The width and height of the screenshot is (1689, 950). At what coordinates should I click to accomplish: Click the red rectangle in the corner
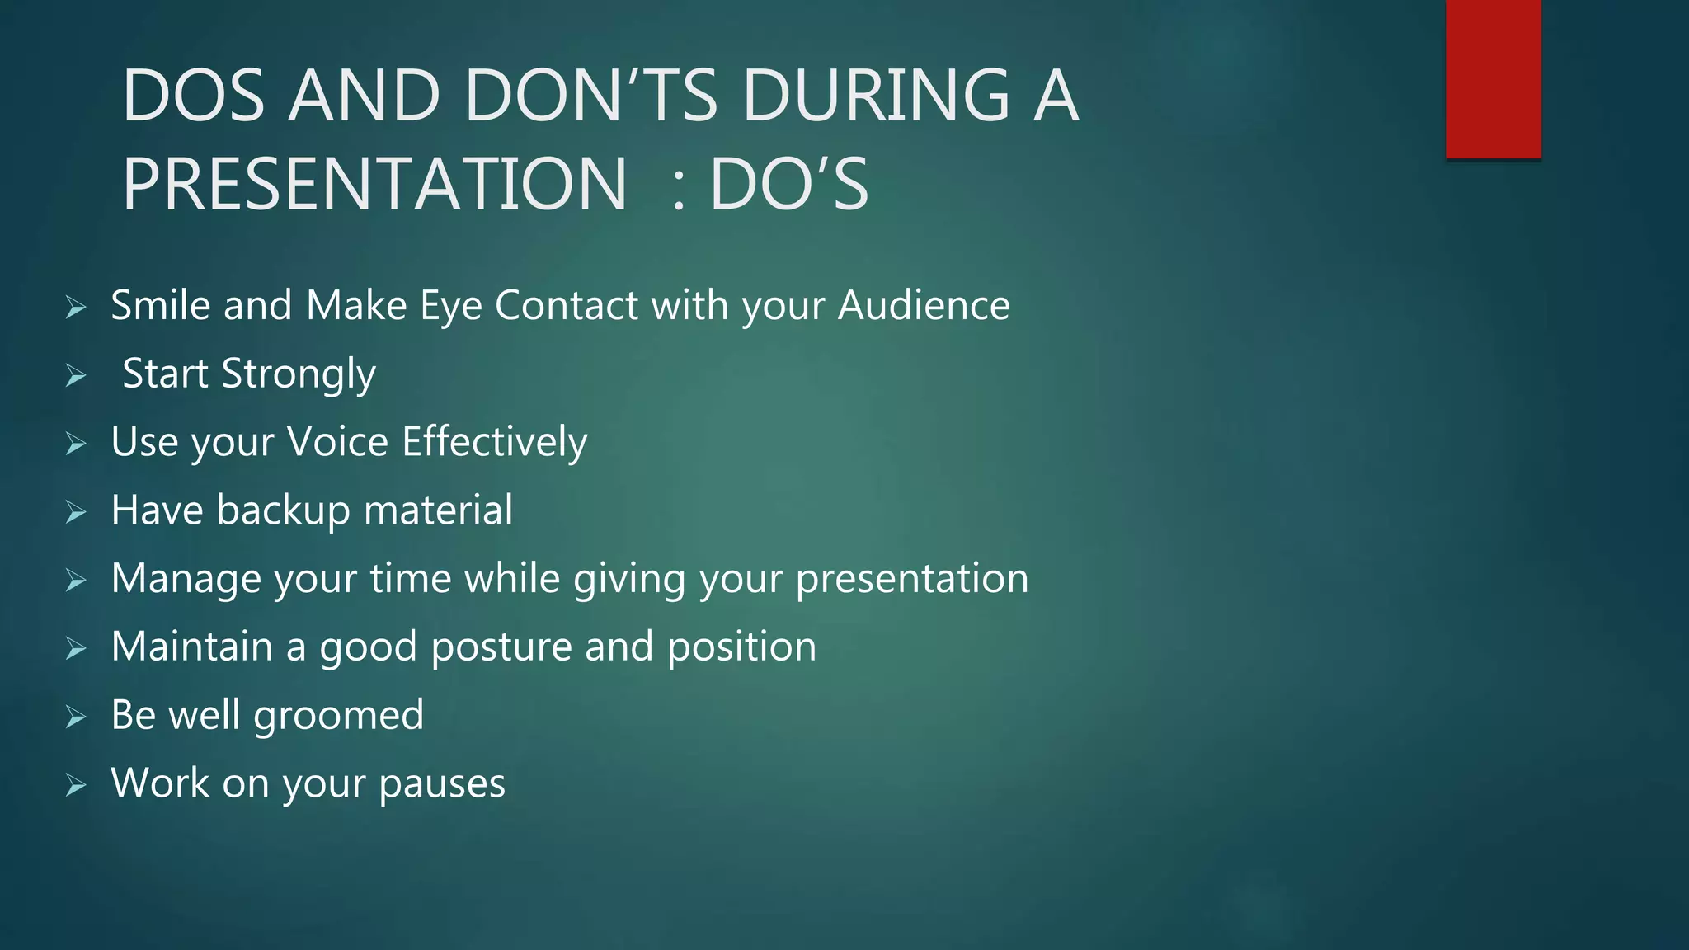[1493, 79]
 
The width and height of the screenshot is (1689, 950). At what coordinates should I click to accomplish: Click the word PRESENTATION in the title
[375, 184]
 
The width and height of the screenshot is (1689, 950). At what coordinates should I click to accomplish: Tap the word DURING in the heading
[876, 96]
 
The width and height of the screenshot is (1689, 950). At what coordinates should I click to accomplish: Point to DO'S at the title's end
[789, 184]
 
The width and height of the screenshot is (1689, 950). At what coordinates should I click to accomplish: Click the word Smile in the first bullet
[160, 305]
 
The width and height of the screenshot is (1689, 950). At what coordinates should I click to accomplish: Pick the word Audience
[924, 305]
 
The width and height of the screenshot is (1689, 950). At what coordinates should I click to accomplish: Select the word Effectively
[495, 443]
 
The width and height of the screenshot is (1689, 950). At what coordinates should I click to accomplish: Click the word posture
[501, 647]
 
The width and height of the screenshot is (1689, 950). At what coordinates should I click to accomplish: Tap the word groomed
[338, 716]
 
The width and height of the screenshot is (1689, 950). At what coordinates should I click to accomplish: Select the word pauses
[442, 784]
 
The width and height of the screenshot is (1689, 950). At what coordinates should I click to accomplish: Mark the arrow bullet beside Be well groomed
[76, 717]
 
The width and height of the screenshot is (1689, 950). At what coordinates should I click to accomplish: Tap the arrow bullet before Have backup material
[76, 513]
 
